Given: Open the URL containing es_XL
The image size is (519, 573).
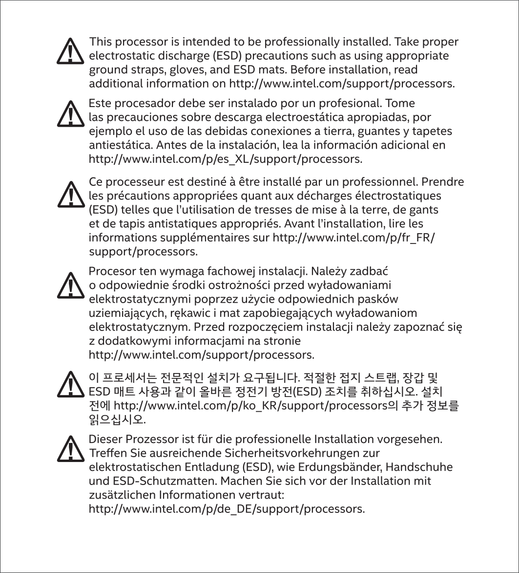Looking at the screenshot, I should (225, 159).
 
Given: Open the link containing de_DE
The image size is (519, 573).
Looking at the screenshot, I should (227, 509).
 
